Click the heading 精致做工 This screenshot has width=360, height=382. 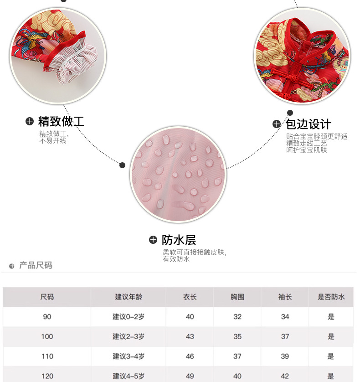(61, 122)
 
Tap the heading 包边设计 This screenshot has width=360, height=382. (309, 124)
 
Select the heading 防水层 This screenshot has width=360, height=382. (179, 240)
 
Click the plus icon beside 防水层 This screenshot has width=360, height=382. (153, 240)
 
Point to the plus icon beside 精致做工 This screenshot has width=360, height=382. (30, 121)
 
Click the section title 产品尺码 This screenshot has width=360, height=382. (36, 265)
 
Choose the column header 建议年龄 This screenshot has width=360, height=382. (129, 297)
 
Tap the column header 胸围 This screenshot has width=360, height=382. (237, 297)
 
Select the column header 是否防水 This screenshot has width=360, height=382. (331, 297)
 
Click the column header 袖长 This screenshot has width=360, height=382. (285, 297)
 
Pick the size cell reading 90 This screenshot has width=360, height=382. (47, 316)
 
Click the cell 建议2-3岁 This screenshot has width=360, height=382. (129, 336)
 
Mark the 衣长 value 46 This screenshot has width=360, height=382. (190, 356)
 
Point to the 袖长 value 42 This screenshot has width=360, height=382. (285, 376)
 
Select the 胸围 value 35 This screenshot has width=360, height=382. (237, 336)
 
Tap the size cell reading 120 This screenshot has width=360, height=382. (47, 376)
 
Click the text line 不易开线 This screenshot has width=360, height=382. (53, 141)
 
